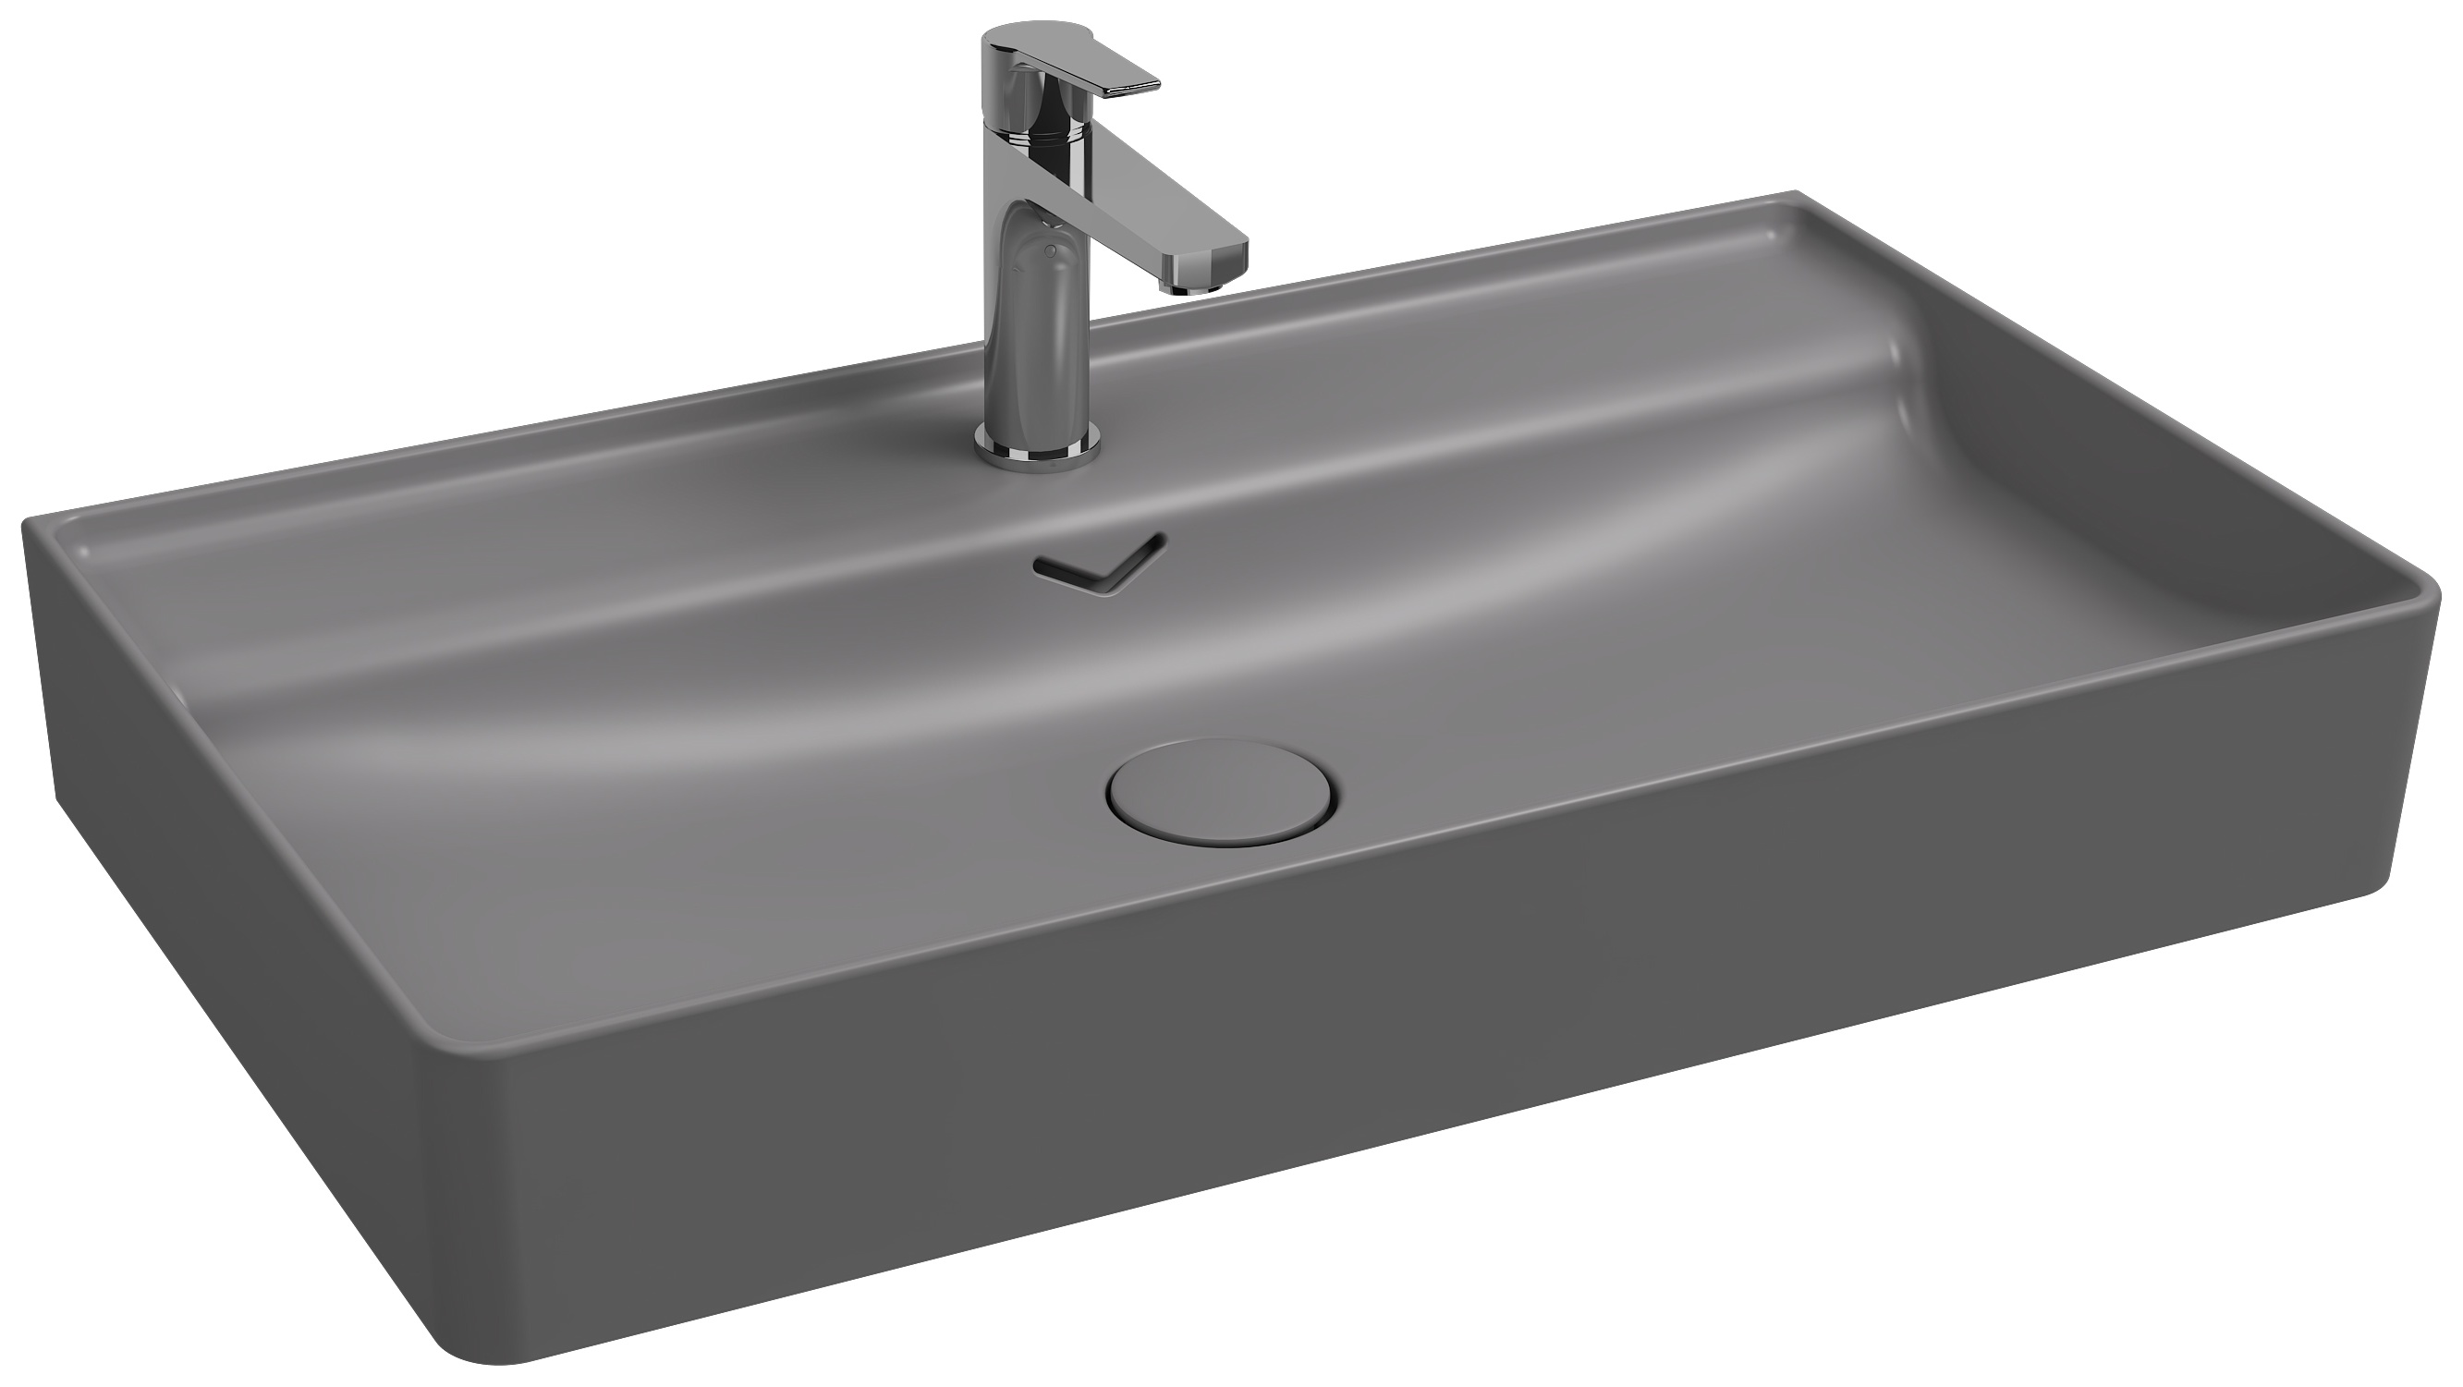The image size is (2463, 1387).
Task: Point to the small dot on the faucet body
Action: (1051, 251)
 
